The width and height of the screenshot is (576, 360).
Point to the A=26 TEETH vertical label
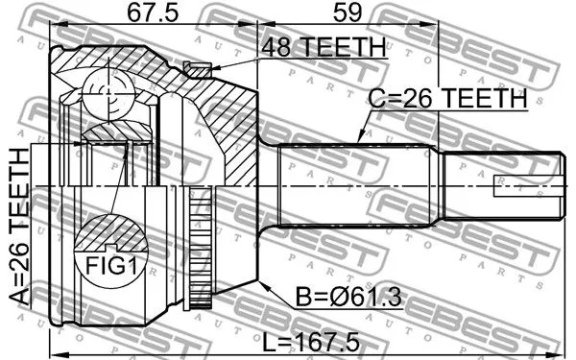18,227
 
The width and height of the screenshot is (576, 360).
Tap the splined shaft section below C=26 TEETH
355,184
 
